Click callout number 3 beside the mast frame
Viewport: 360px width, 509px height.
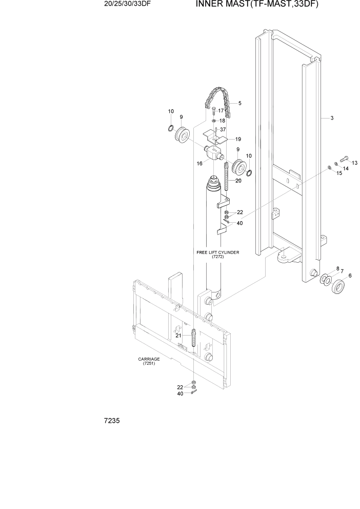pos(332,119)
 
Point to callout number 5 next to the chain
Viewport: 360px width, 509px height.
pos(239,103)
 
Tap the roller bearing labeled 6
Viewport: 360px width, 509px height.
pos(338,286)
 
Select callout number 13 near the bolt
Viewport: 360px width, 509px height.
pos(354,163)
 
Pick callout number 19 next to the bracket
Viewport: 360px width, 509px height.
pos(238,139)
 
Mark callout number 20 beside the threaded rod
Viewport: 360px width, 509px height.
pos(238,181)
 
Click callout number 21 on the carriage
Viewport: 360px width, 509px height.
pos(179,335)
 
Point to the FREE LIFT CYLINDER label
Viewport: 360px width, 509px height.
pos(217,253)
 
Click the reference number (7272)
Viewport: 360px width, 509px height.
pos(217,258)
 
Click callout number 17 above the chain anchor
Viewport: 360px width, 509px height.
pos(221,110)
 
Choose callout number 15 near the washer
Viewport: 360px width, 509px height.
pos(339,173)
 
